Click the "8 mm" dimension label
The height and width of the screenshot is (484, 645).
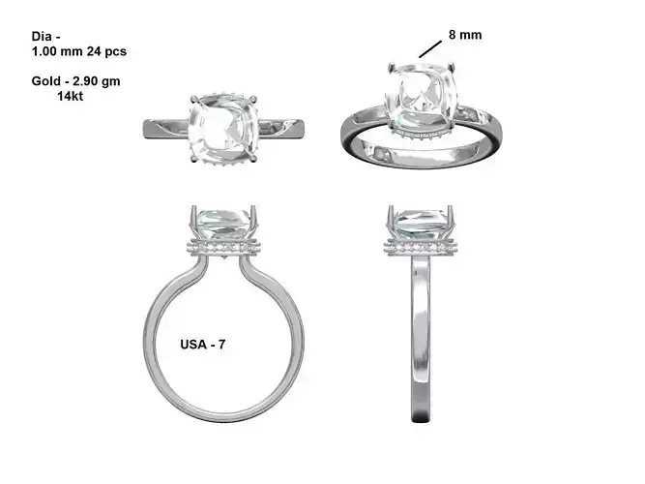click(x=464, y=36)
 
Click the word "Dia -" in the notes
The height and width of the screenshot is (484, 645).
click(x=45, y=36)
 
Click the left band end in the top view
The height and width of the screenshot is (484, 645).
click(x=155, y=128)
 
